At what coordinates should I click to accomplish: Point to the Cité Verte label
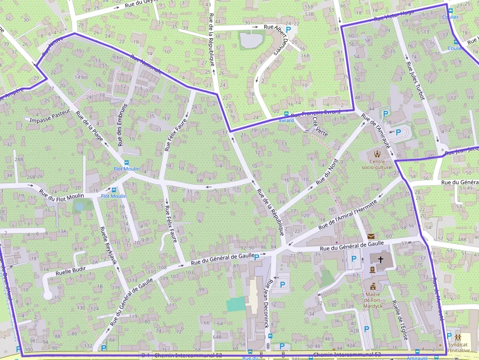click(319, 127)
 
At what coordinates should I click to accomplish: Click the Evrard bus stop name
click(286, 120)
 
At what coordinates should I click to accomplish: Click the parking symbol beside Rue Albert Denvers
click(288, 30)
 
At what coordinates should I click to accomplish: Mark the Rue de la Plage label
click(89, 126)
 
